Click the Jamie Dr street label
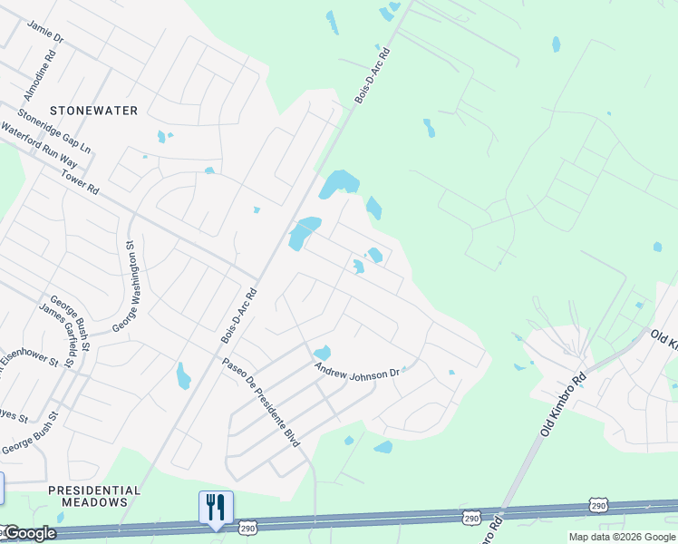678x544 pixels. click(x=46, y=33)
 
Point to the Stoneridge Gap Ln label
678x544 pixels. click(x=55, y=131)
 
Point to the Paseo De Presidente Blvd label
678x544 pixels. click(x=261, y=403)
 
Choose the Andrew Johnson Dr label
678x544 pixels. click(x=357, y=372)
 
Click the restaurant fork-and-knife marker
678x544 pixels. click(x=216, y=507)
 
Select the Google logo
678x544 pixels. click(x=29, y=533)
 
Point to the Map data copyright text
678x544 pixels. click(x=621, y=537)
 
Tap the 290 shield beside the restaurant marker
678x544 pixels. click(x=247, y=526)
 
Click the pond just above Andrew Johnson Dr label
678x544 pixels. click(x=322, y=352)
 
